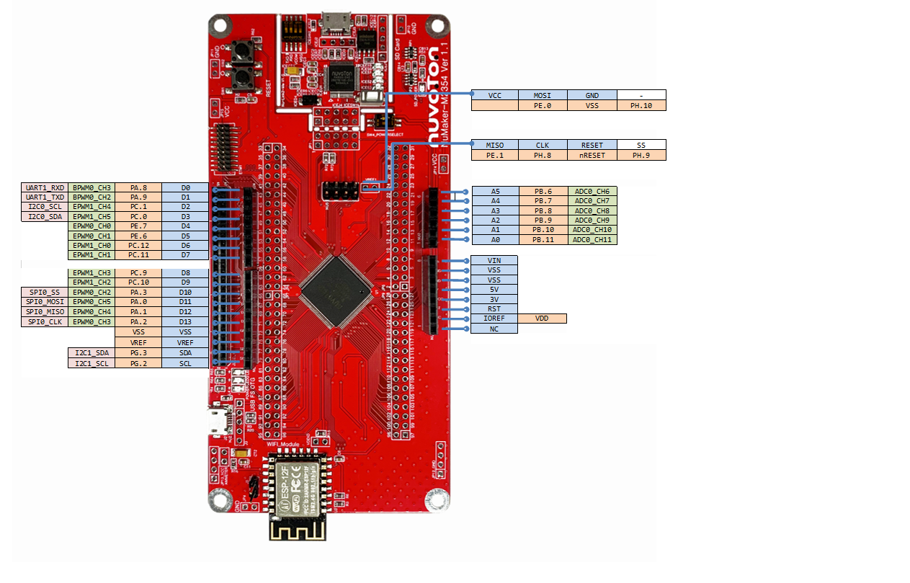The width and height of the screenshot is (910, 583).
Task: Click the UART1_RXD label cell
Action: tap(45, 187)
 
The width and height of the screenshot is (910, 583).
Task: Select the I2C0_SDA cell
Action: tap(45, 216)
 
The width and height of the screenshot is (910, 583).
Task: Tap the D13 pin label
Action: tap(185, 321)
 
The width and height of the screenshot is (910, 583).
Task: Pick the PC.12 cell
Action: tap(138, 245)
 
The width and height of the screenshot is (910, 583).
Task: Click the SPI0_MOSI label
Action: tap(45, 302)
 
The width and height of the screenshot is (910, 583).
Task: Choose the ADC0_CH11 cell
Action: tap(592, 239)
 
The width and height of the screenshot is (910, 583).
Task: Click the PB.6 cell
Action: tap(543, 191)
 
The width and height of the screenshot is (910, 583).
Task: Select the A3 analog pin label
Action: tap(495, 210)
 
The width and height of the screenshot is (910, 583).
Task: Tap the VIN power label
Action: tap(494, 260)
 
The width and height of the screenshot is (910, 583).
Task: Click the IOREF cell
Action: tap(494, 319)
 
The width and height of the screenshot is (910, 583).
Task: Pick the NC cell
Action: tap(494, 329)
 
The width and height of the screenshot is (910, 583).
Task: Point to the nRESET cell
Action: tap(592, 155)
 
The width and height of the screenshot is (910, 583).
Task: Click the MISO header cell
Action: tap(494, 145)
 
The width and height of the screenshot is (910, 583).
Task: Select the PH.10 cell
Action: tap(641, 105)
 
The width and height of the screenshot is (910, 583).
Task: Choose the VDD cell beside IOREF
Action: tap(542, 319)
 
